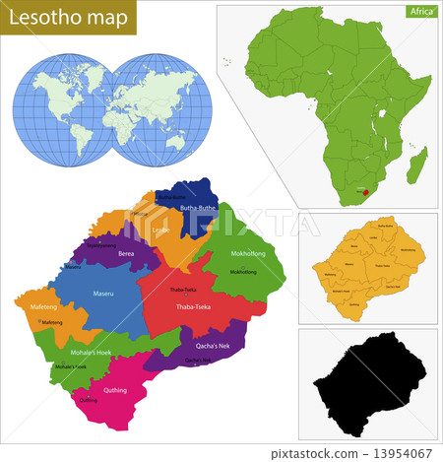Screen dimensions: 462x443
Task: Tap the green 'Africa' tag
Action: pyautogui.click(x=418, y=12)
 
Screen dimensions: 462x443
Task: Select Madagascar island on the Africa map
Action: pyautogui.click(x=420, y=163)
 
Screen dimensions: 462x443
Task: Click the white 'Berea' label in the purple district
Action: pyautogui.click(x=126, y=253)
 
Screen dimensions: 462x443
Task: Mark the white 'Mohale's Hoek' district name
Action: pyautogui.click(x=91, y=352)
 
